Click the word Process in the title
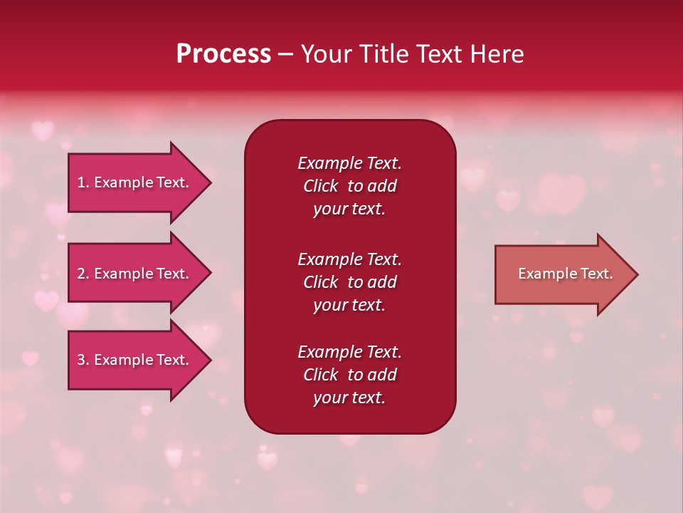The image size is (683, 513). [223, 54]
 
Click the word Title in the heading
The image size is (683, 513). [381, 54]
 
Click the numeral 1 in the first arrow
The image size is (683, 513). [81, 182]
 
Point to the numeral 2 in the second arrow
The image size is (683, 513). [81, 274]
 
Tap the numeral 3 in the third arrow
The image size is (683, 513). [81, 360]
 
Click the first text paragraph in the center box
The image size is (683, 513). [349, 186]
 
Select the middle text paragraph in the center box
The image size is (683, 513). [349, 282]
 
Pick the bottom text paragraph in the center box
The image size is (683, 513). [349, 375]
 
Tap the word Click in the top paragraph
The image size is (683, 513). [320, 186]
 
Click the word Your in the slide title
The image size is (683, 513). [324, 54]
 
